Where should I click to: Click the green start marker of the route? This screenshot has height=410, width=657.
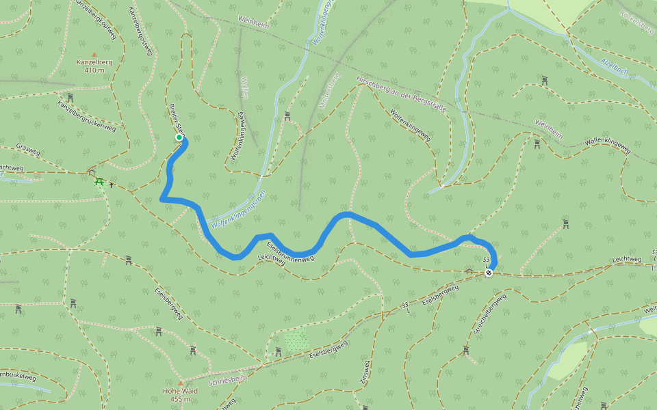tap(179, 137)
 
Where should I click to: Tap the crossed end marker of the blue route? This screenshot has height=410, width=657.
tap(489, 273)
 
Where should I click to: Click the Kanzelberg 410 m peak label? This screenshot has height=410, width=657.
tap(94, 66)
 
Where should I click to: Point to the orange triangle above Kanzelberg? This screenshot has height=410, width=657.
tap(94, 54)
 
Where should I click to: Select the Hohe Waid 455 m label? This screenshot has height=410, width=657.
tap(181, 394)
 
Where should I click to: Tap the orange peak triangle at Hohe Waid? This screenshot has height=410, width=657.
tap(181, 383)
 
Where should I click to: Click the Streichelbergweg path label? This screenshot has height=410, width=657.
tap(489, 314)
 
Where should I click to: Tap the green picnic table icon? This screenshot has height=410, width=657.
tap(100, 182)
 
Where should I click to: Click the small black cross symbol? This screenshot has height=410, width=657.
tap(112, 184)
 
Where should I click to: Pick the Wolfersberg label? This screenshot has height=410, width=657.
tap(330, 91)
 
